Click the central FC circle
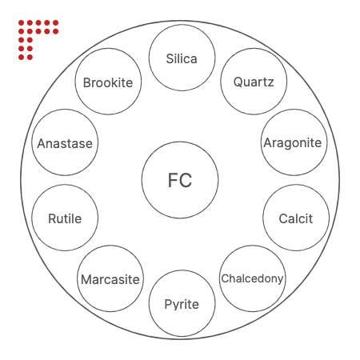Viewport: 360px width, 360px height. (x=180, y=180)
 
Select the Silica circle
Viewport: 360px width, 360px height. (x=182, y=58)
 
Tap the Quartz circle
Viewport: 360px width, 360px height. (x=254, y=82)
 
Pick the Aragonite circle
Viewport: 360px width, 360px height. (x=294, y=142)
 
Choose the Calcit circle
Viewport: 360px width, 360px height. (x=296, y=218)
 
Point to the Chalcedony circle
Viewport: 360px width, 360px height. (x=252, y=278)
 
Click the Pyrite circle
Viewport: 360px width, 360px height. (x=182, y=303)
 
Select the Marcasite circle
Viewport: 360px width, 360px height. (x=110, y=278)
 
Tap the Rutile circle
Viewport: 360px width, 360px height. (x=65, y=218)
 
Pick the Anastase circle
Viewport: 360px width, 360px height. (x=65, y=142)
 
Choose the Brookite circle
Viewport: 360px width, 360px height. (x=108, y=82)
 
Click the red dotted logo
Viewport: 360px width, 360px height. (x=38, y=40)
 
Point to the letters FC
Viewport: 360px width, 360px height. (x=180, y=180)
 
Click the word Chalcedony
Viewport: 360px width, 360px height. (x=252, y=278)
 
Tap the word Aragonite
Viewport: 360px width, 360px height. (x=293, y=143)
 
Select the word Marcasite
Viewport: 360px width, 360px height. (x=110, y=279)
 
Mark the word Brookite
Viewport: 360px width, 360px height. (x=108, y=82)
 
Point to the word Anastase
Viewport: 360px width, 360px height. (x=65, y=143)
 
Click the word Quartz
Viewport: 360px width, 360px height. (x=254, y=82)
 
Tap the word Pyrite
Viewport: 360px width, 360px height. (x=182, y=305)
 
